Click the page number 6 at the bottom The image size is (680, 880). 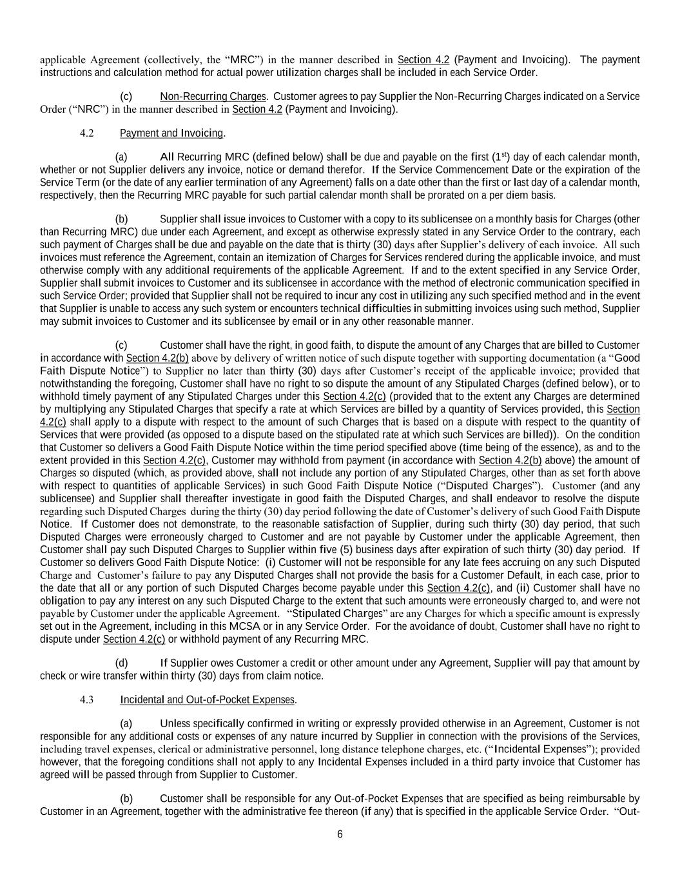(340, 834)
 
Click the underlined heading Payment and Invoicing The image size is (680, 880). (171, 133)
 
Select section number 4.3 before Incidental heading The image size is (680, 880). (87, 700)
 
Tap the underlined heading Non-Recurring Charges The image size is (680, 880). (213, 97)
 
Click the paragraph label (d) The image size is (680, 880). (121, 663)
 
